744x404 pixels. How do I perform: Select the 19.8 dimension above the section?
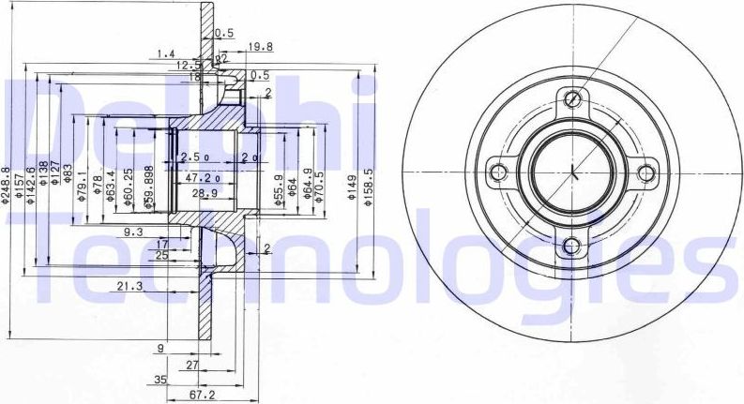(x=261, y=44)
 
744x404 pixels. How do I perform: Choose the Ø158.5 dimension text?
(x=369, y=184)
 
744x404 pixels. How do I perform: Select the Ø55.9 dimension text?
(x=278, y=188)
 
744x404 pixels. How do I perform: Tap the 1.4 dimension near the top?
(x=167, y=52)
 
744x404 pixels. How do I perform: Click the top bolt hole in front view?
(x=571, y=98)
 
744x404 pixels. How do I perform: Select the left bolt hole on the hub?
(x=499, y=172)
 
